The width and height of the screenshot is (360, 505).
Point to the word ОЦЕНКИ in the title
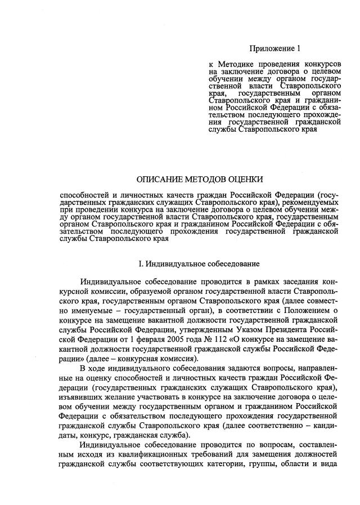coord(244,180)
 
